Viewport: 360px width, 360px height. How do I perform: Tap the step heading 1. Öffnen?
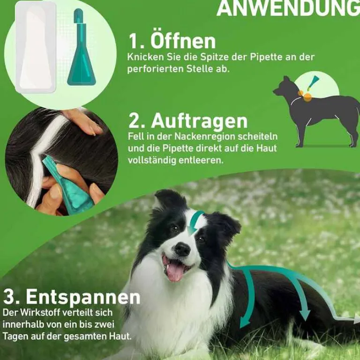(172, 41)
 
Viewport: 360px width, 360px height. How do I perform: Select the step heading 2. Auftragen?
(187, 121)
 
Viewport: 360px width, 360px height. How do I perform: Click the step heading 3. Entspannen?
(72, 297)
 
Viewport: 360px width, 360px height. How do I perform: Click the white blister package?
(36, 47)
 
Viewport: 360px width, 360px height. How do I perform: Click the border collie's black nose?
(182, 249)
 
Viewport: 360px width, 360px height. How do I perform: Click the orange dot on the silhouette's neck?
(307, 97)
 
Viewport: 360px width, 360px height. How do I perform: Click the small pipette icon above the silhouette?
(312, 83)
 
